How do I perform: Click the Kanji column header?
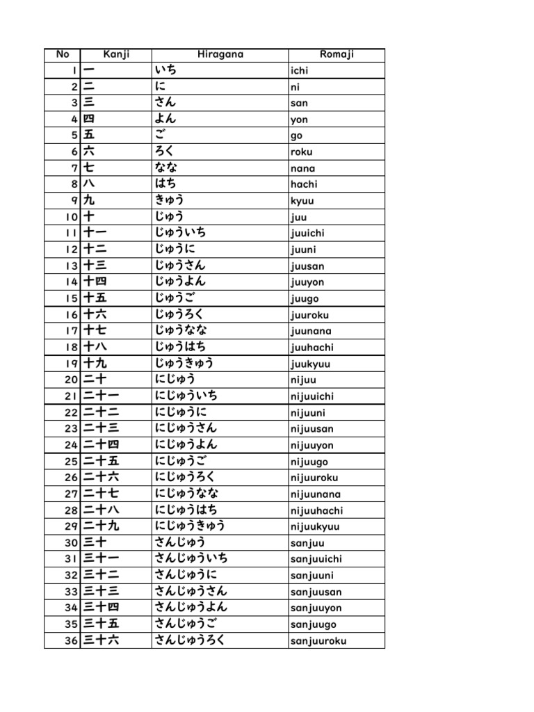pyautogui.click(x=116, y=55)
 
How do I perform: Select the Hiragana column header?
pyautogui.click(x=220, y=55)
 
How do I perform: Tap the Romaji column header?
pyautogui.click(x=337, y=55)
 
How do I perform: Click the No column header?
pyautogui.click(x=62, y=55)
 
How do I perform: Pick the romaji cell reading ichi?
pyautogui.click(x=299, y=71)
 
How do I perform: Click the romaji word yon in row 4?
pyautogui.click(x=299, y=120)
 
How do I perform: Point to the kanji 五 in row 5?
pyautogui.click(x=89, y=136)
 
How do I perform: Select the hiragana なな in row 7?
pyautogui.click(x=166, y=168)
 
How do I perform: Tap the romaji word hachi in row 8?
pyautogui.click(x=304, y=184)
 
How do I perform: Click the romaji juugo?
pyautogui.click(x=305, y=298)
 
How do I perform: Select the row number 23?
pyautogui.click(x=71, y=428)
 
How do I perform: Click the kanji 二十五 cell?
pyautogui.click(x=102, y=461)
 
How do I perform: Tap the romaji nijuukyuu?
pyautogui.click(x=316, y=526)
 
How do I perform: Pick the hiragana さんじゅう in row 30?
pyautogui.click(x=180, y=542)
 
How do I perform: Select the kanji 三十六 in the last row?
pyautogui.click(x=102, y=640)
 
